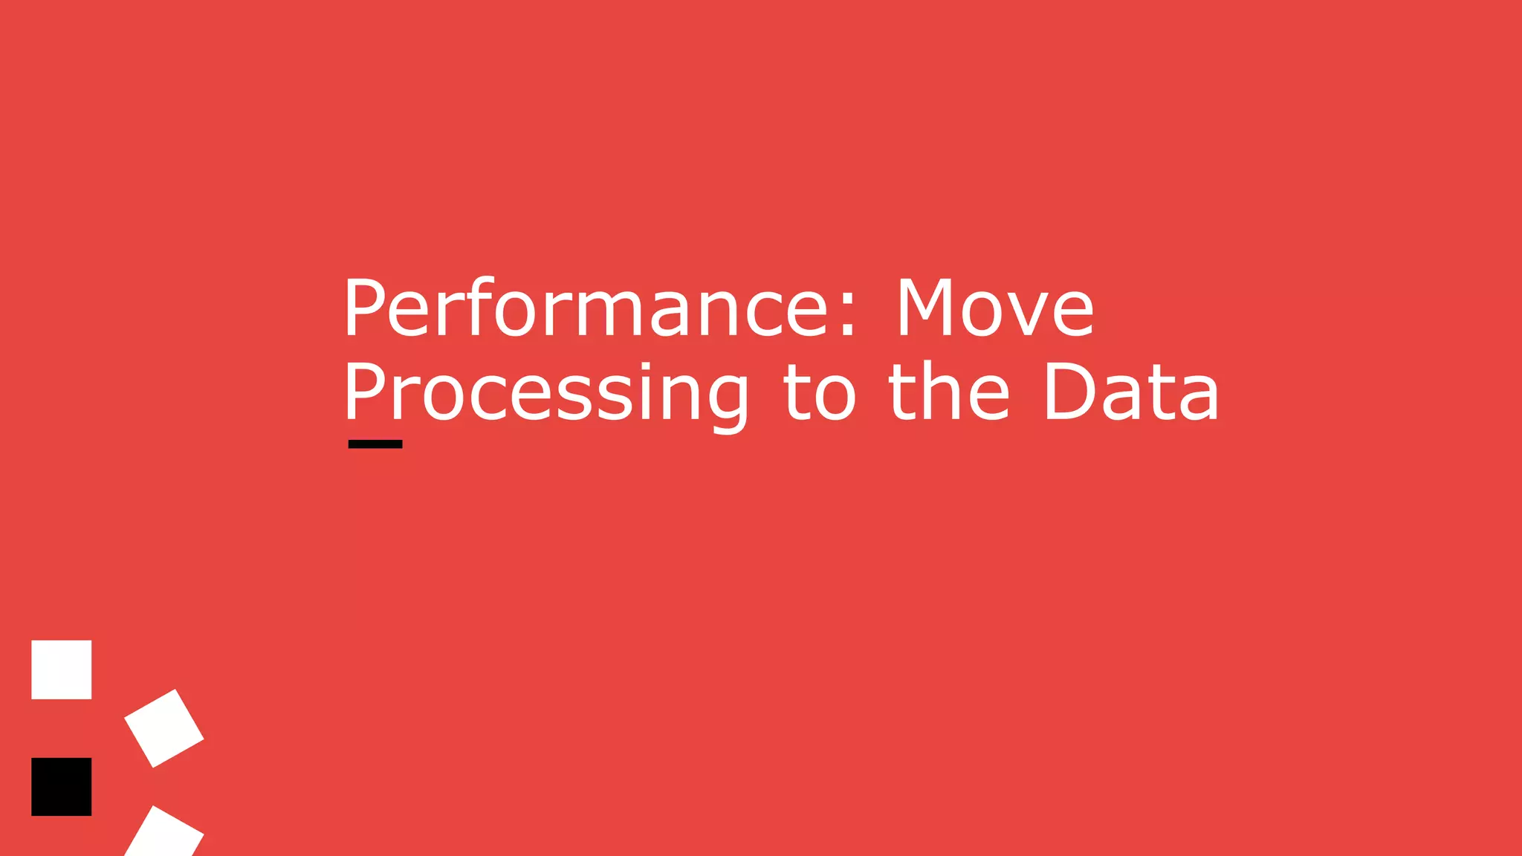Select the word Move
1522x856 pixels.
click(x=995, y=308)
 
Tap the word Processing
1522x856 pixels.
click(x=546, y=394)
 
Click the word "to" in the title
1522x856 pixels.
click(x=820, y=394)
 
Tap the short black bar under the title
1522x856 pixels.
click(x=375, y=444)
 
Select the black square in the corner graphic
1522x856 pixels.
click(x=62, y=787)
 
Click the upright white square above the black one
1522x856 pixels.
click(x=62, y=669)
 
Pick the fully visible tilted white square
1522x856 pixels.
click(x=164, y=728)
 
